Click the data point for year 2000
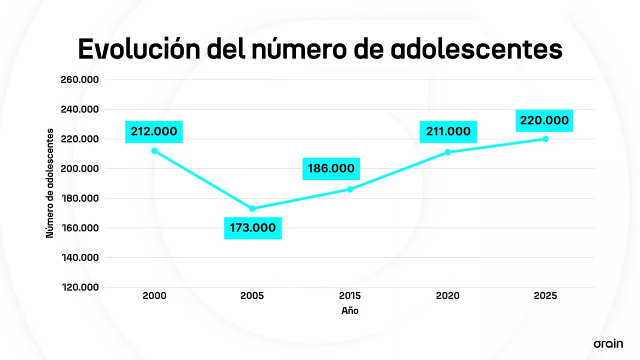coord(154,150)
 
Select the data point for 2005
coord(252,208)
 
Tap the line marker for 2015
coord(350,189)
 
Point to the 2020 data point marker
coord(447,152)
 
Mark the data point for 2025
coord(545,139)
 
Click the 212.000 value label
coord(154,131)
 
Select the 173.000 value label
coord(252,228)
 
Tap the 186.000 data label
coord(331,168)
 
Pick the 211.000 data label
coord(448,131)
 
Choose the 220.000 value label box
coord(544,120)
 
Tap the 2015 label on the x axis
coord(350,296)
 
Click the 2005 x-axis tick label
coord(252,296)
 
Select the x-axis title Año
coord(350,311)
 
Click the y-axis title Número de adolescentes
coord(50,183)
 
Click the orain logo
coord(608,343)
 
